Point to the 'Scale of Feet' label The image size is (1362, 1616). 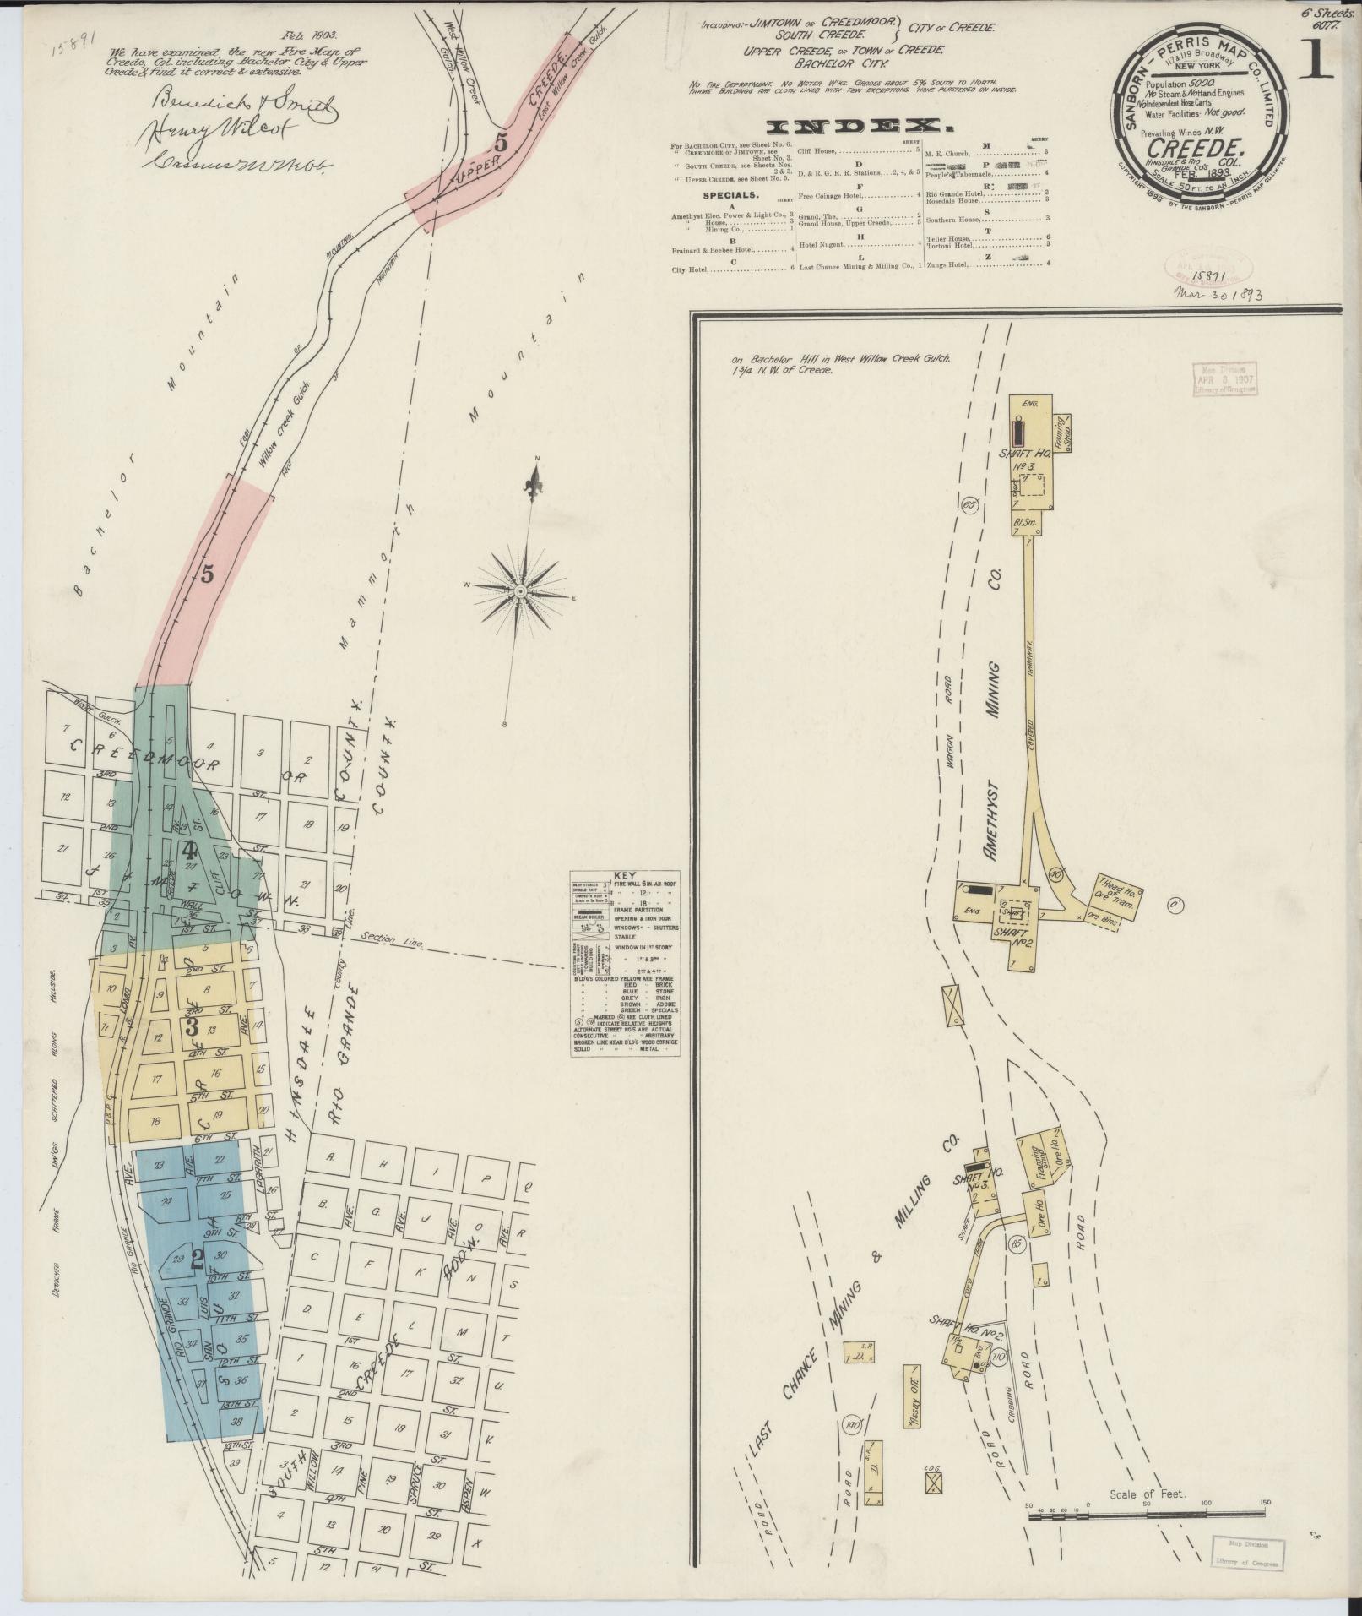pyautogui.click(x=1148, y=1494)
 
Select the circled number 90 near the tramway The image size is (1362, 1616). pyautogui.click(x=1055, y=874)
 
